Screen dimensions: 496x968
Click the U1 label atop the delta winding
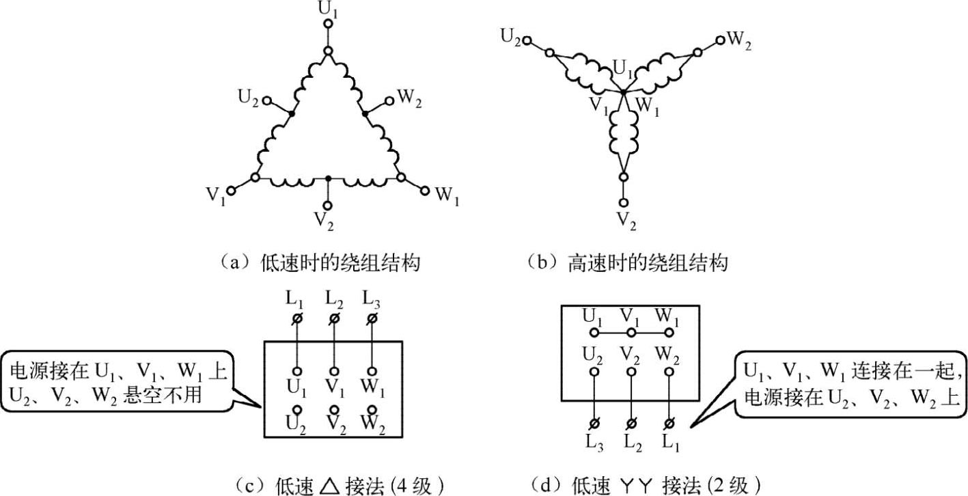[328, 9]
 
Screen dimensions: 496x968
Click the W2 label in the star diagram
[739, 39]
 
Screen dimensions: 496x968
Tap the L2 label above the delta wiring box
[334, 299]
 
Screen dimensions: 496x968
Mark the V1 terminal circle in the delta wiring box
[334, 369]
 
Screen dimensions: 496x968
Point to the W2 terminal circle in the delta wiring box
[372, 410]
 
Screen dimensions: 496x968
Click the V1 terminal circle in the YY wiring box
[631, 333]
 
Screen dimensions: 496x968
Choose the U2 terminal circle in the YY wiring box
[594, 372]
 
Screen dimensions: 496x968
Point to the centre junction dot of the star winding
[623, 92]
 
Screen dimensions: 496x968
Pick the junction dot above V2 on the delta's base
[328, 179]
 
